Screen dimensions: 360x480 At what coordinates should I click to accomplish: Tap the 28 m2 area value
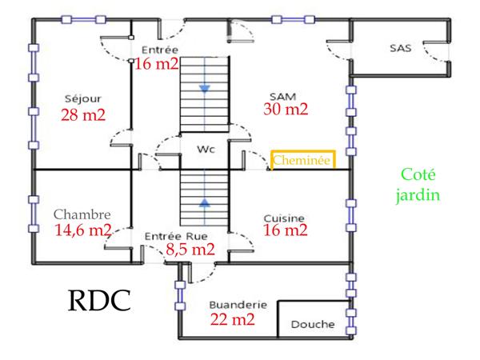tap(82, 114)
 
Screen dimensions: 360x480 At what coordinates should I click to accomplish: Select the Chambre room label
tap(82, 214)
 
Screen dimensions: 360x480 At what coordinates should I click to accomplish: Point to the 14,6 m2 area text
tap(83, 230)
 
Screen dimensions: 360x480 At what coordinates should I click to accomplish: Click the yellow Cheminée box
tap(302, 160)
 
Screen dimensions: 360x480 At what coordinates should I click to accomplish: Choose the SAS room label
tap(400, 48)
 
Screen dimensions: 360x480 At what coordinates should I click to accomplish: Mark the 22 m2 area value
tap(232, 320)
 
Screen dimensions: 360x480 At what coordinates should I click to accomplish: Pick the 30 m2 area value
tap(286, 109)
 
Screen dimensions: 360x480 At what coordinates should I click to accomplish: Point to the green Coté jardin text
tap(422, 185)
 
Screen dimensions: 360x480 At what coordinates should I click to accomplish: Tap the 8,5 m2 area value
tap(190, 250)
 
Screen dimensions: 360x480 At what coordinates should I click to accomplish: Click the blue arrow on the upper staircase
tap(205, 88)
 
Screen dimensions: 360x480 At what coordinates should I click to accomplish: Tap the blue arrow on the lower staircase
tap(205, 203)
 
